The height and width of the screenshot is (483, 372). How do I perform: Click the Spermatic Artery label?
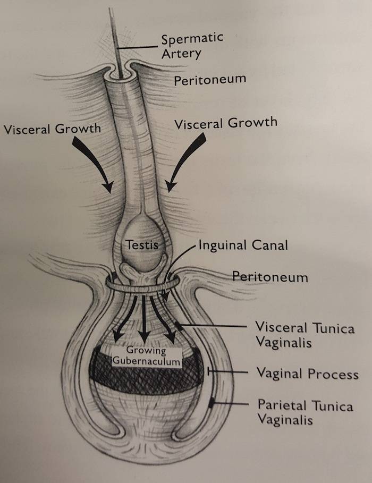[192, 46]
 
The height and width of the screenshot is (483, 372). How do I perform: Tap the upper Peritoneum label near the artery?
[210, 80]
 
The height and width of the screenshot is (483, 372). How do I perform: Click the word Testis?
[140, 245]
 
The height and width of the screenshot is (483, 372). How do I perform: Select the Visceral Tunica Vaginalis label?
[304, 334]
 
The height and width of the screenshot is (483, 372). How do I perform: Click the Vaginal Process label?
[307, 373]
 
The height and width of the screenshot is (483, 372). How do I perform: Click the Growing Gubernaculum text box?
[146, 357]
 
